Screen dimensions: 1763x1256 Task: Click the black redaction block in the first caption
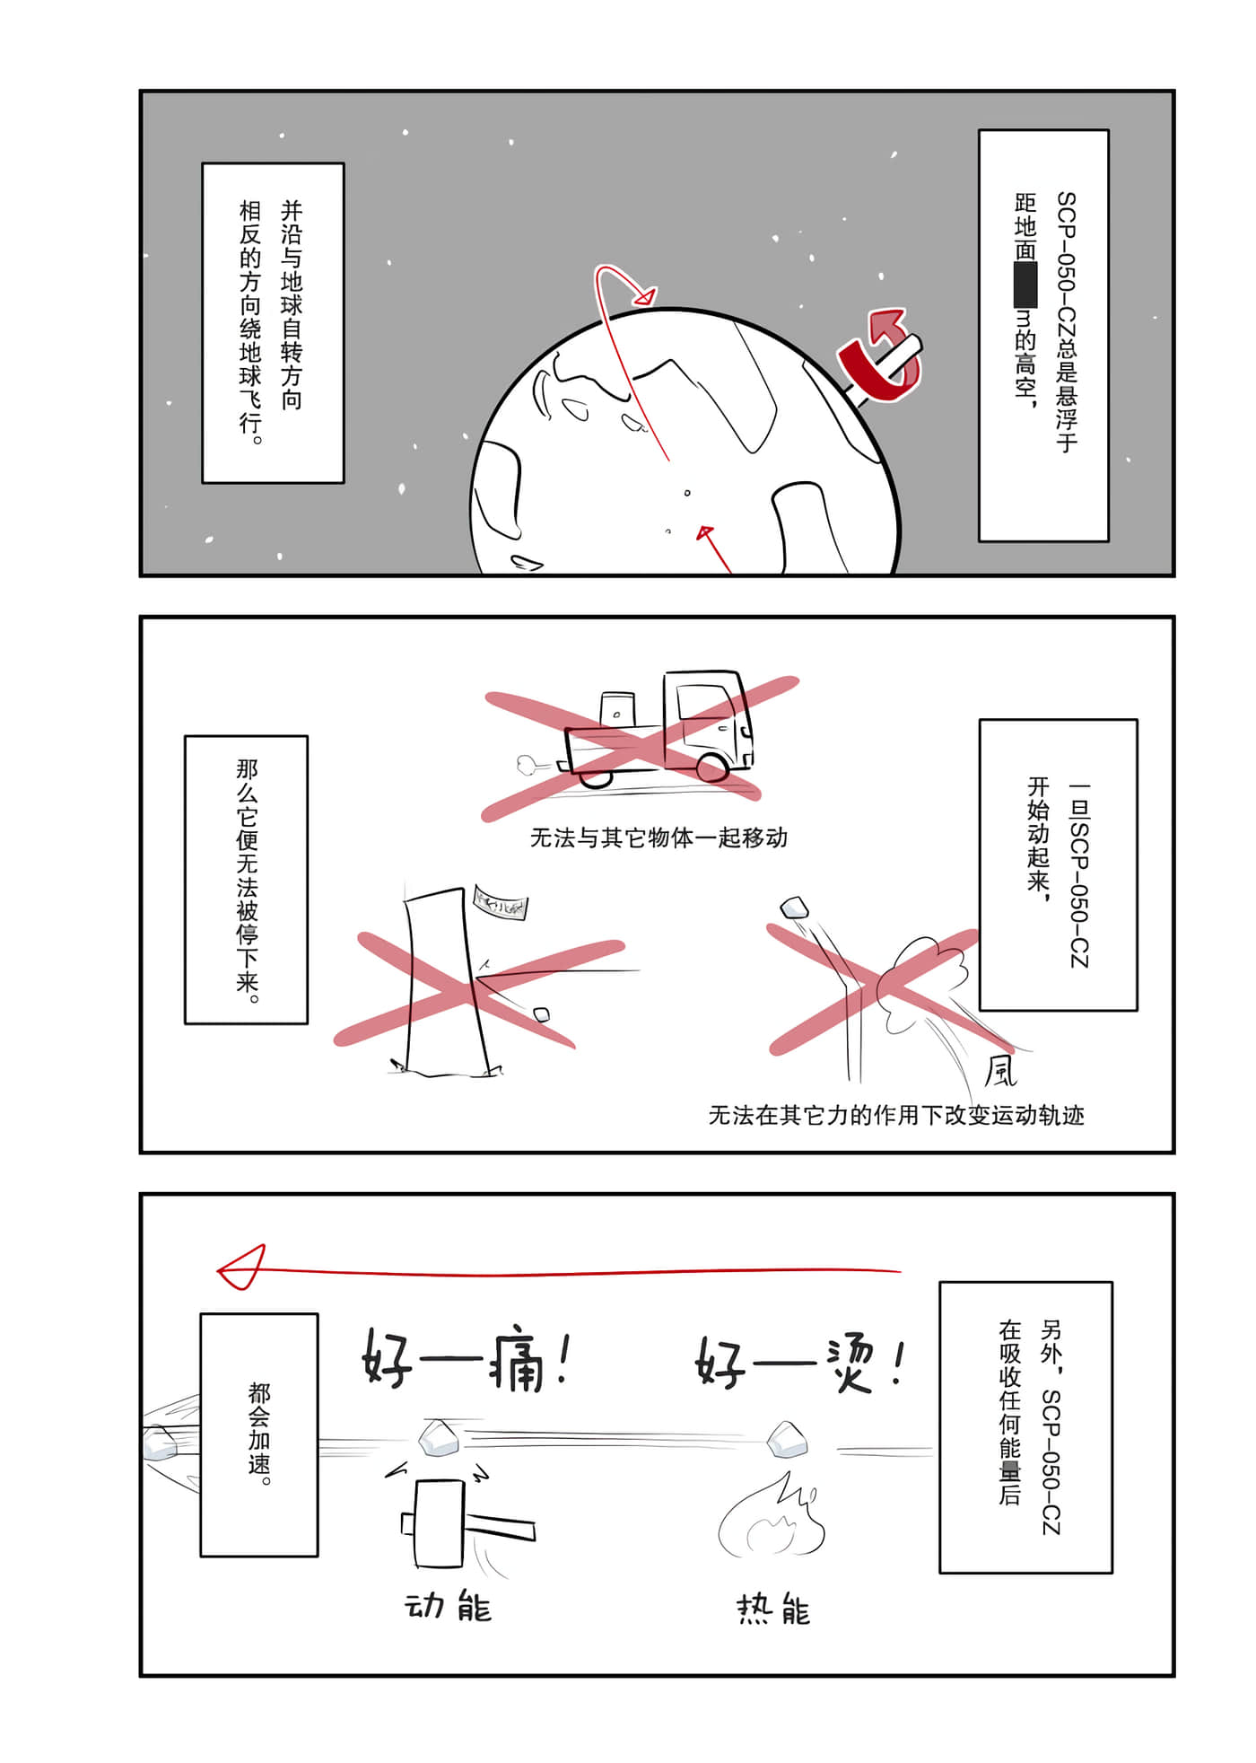[1025, 285]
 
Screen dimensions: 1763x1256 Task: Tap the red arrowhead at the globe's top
[645, 294]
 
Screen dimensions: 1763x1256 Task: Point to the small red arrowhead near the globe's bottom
[705, 533]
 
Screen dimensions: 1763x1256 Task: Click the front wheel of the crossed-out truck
[713, 767]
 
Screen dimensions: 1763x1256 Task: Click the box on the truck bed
[617, 708]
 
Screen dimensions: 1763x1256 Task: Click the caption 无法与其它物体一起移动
[659, 838]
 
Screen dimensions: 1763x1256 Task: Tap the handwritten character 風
[999, 1071]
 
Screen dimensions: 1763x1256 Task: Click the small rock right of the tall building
[542, 1014]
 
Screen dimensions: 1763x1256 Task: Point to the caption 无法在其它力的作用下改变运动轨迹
[896, 1115]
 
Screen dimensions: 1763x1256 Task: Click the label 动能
[448, 1607]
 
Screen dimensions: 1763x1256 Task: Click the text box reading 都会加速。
[259, 1434]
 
